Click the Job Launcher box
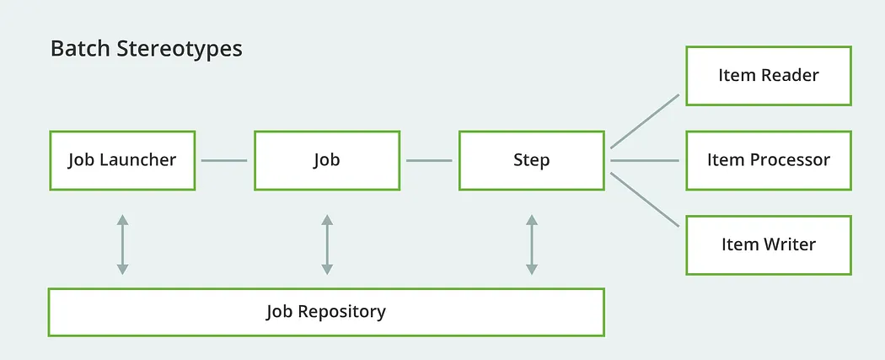[122, 160]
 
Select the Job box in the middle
[326, 160]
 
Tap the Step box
[531, 160]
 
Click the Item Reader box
[768, 76]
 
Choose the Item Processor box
[768, 160]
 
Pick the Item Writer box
[768, 244]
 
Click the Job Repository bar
[326, 312]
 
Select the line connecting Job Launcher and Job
[224, 160]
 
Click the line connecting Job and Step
[429, 160]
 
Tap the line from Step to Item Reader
[645, 121]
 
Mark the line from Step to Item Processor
[645, 160]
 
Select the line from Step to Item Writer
[645, 200]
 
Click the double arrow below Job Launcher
[122, 244]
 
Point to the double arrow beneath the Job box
[326, 244]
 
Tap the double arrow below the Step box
[531, 244]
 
